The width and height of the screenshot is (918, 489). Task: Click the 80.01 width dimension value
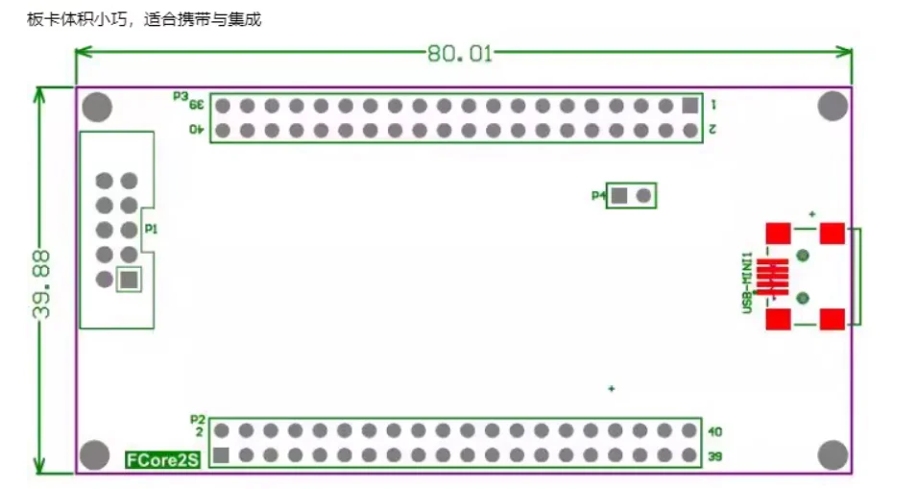tap(460, 54)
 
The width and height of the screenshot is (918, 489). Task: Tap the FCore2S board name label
tap(162, 460)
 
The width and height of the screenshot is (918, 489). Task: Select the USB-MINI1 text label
tap(746, 280)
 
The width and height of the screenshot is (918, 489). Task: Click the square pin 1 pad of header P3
tap(688, 106)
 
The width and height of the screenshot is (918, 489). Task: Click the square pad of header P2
tap(222, 455)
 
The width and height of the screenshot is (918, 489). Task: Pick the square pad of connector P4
tap(619, 196)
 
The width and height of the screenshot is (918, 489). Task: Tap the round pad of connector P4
tap(644, 196)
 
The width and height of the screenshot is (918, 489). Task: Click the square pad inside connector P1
tap(129, 280)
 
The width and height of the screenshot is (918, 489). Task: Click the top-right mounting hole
tap(833, 107)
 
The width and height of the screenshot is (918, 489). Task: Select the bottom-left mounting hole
tap(94, 454)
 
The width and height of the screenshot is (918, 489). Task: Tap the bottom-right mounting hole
tap(833, 454)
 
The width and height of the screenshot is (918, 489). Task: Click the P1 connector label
tap(151, 229)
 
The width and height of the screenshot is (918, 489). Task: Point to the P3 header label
tap(180, 96)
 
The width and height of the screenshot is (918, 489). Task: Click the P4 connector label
tap(597, 196)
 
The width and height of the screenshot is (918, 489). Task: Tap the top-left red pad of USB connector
tap(778, 233)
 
